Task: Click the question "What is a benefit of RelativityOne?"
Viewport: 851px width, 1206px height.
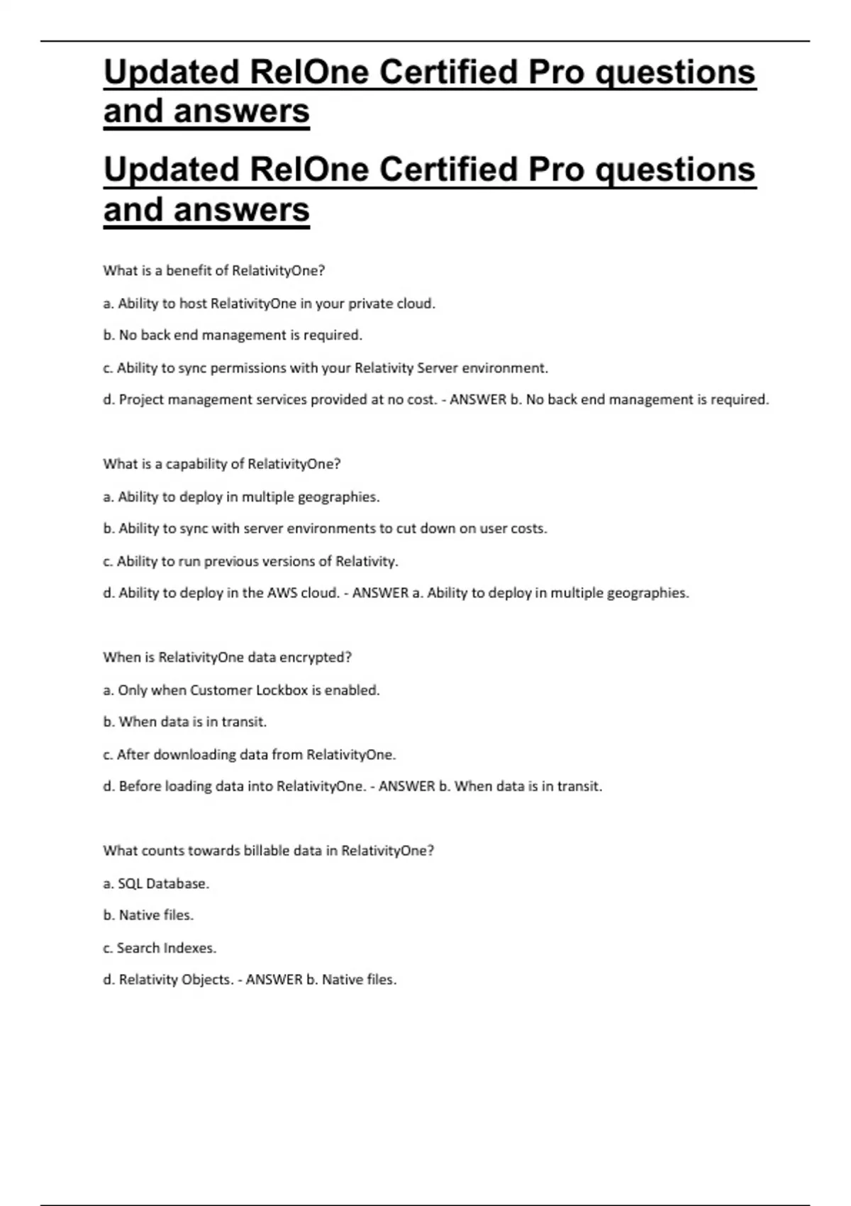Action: click(213, 270)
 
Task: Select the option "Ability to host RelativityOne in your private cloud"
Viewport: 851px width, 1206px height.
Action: click(269, 304)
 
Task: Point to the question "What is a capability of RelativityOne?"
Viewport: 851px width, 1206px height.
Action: click(221, 464)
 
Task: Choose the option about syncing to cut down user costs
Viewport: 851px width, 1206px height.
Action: click(325, 529)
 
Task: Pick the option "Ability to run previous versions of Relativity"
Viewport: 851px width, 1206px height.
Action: click(250, 561)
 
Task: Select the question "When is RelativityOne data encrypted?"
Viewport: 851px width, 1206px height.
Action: click(227, 658)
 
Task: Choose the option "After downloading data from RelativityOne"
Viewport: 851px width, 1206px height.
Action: click(249, 755)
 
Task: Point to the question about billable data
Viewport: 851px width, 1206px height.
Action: click(268, 851)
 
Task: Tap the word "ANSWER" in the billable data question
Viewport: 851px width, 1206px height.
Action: click(274, 980)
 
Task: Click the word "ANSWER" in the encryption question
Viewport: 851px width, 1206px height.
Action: click(406, 786)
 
